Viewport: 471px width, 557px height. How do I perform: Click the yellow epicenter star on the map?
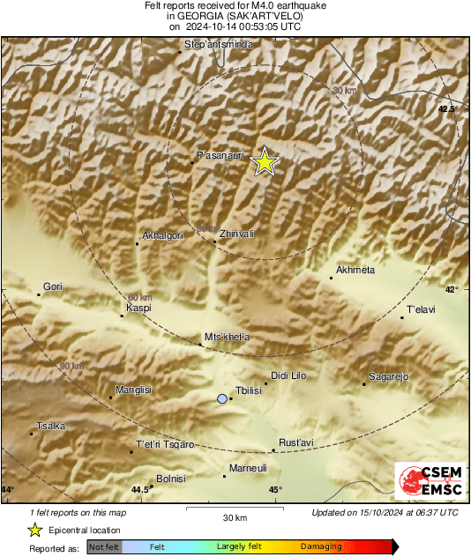tap(264, 162)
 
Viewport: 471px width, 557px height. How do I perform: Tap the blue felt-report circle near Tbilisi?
tap(221, 399)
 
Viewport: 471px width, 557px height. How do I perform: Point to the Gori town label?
tap(53, 286)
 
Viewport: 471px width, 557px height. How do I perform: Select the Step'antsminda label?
tap(221, 43)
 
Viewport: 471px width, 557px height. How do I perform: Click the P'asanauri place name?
tap(220, 155)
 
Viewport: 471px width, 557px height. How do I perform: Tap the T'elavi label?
tap(422, 309)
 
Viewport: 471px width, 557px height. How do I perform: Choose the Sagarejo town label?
tap(389, 376)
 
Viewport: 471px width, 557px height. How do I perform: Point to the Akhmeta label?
tap(356, 270)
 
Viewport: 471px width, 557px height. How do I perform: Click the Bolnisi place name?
tap(170, 479)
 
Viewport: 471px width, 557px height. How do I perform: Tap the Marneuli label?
tap(248, 468)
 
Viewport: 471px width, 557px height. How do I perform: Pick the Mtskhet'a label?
tap(228, 337)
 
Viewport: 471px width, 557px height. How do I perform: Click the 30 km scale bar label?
tap(235, 516)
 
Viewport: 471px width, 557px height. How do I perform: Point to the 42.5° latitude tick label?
tap(449, 109)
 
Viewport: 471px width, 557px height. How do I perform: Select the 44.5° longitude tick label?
tap(140, 490)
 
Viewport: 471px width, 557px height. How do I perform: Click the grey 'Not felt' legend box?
tap(103, 547)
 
